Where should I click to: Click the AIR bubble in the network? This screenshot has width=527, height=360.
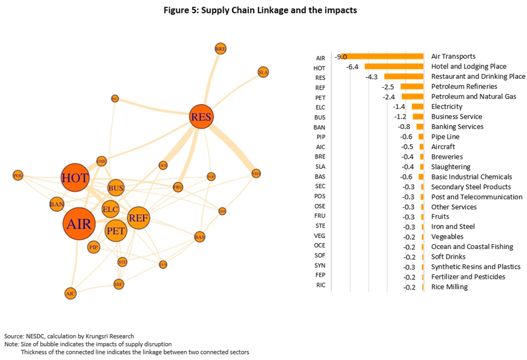[x=79, y=224]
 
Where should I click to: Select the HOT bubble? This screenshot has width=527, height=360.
[x=75, y=178]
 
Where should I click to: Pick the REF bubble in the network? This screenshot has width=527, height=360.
[x=138, y=218]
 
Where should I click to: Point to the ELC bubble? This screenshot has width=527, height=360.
[x=110, y=209]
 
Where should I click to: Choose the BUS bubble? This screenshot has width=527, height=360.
[x=116, y=188]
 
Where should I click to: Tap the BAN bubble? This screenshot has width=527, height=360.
[x=57, y=204]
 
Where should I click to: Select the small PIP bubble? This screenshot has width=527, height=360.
[x=93, y=247]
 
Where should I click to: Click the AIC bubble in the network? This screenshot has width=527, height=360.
[x=71, y=293]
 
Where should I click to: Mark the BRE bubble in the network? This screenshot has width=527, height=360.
[x=220, y=48]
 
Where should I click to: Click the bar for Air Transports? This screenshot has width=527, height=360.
[x=382, y=56]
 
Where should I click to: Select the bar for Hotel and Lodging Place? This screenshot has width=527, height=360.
[x=393, y=66]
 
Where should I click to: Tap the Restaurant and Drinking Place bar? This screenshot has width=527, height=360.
[x=403, y=76]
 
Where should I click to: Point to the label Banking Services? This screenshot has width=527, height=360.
[x=457, y=127]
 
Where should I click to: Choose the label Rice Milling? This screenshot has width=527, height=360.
[x=449, y=287]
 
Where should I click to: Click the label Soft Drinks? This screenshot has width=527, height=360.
[x=449, y=256]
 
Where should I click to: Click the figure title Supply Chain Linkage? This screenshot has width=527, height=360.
[x=263, y=10]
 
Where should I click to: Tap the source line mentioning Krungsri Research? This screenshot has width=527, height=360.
[x=68, y=336]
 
